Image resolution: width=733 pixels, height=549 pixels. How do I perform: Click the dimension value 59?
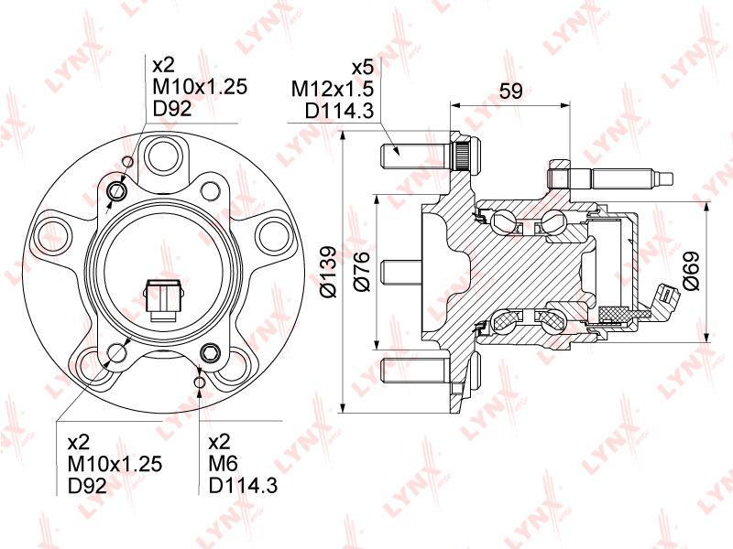[x=510, y=91]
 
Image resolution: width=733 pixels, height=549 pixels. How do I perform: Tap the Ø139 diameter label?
[x=328, y=271]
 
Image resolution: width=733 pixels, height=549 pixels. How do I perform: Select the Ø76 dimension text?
[x=362, y=271]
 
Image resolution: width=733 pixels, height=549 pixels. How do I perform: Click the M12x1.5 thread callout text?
[x=333, y=89]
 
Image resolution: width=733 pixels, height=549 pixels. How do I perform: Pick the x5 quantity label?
[x=363, y=68]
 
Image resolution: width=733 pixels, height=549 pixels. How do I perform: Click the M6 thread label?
[x=223, y=464]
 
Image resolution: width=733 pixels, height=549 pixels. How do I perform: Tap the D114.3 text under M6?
[x=243, y=486]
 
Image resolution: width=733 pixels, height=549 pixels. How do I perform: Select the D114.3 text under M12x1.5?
[x=340, y=111]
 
